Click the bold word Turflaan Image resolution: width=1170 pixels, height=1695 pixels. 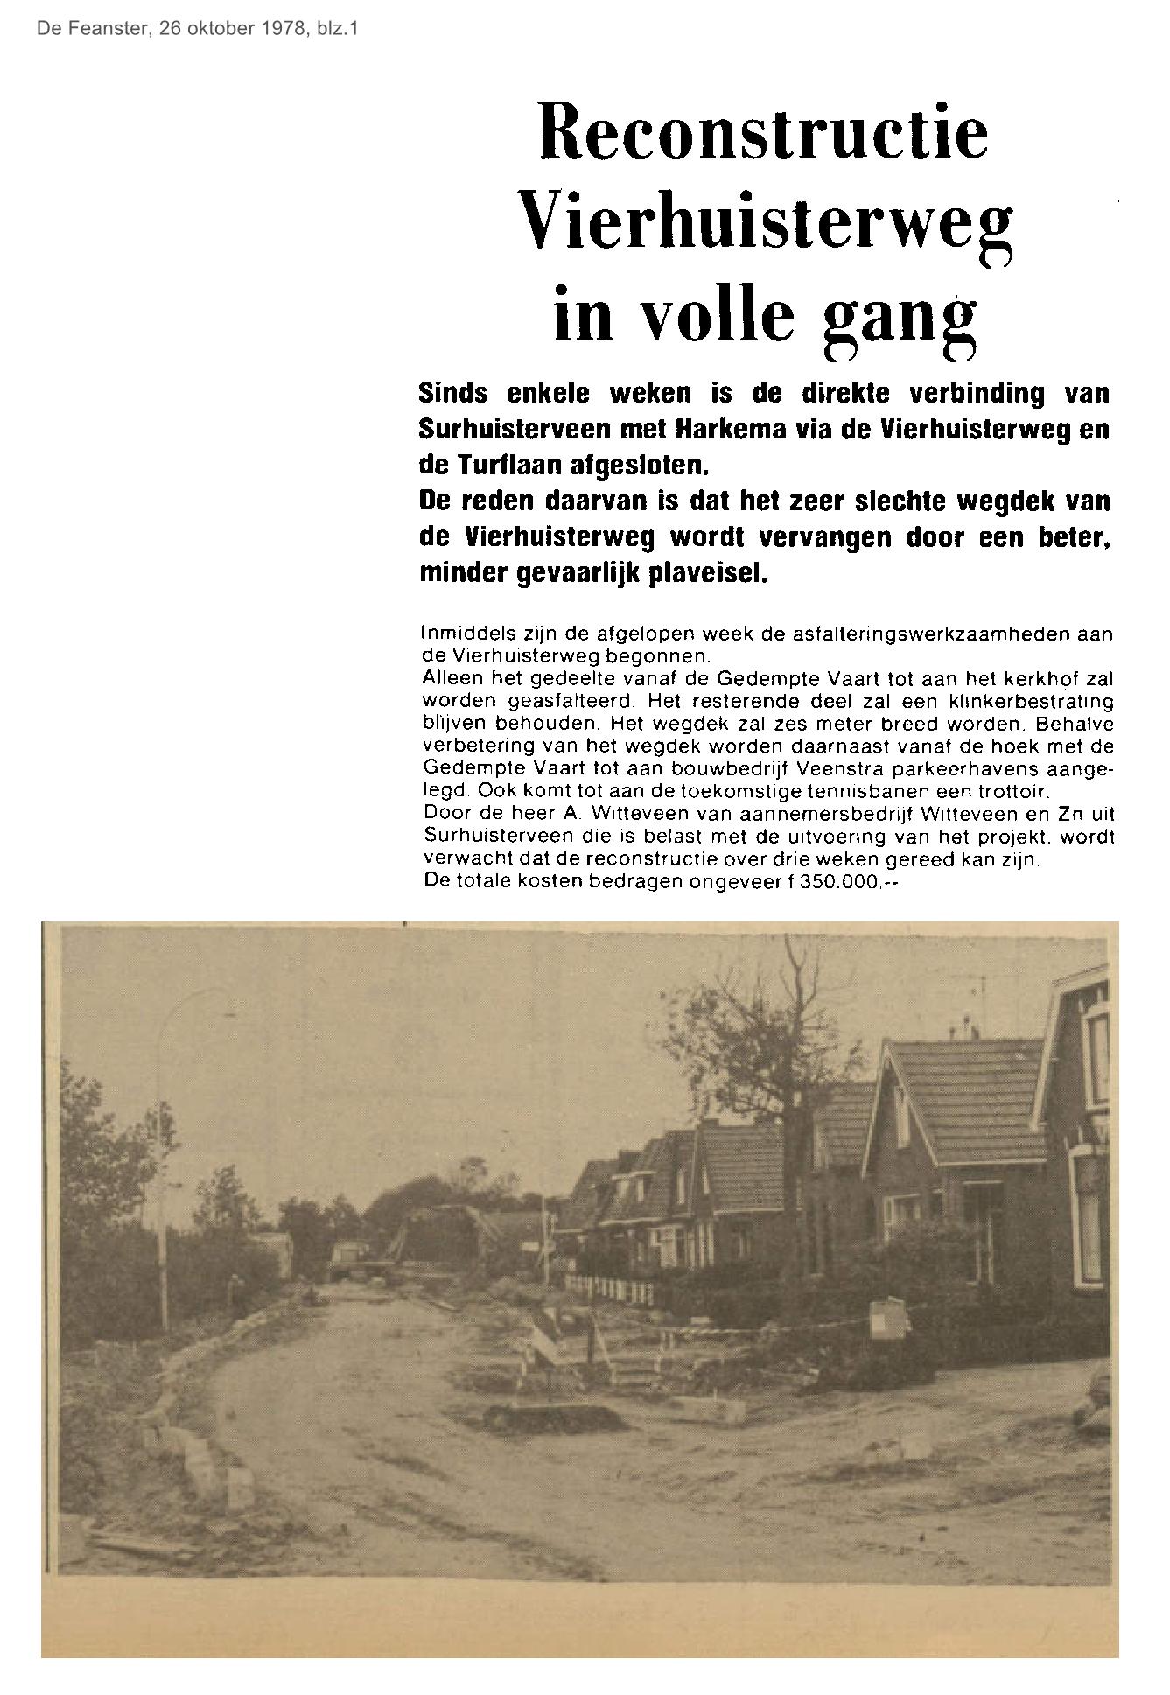510,466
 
